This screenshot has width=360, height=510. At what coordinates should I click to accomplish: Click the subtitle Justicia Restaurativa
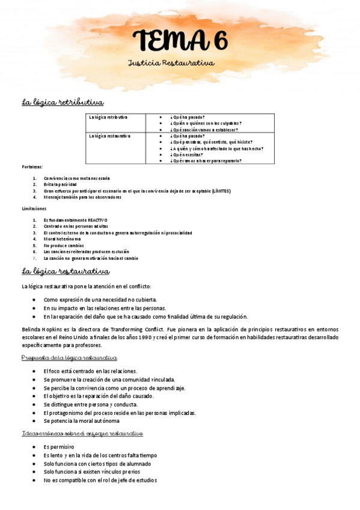[171, 63]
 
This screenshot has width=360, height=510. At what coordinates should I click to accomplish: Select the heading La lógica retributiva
[63, 102]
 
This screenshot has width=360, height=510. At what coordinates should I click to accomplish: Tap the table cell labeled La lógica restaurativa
[109, 136]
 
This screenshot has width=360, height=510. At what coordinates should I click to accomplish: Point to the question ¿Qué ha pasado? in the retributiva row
[188, 117]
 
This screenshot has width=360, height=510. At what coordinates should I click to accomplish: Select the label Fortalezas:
[32, 167]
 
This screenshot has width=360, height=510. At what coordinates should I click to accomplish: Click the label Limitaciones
[34, 208]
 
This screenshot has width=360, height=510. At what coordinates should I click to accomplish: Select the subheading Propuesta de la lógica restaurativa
[69, 358]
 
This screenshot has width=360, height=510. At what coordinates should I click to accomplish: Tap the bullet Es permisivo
[59, 447]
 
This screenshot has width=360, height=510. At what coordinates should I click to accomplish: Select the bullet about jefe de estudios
[100, 481]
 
